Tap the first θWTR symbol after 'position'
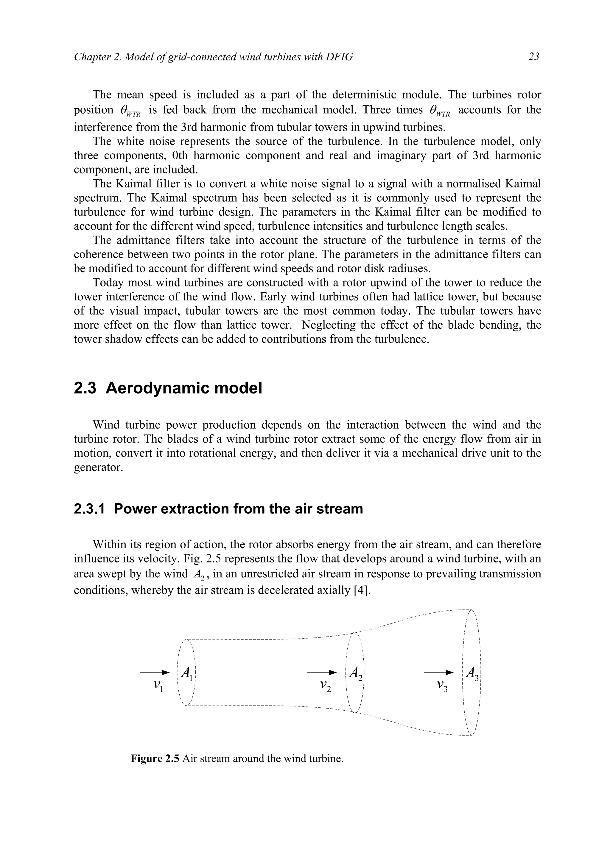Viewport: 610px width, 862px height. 130,111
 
